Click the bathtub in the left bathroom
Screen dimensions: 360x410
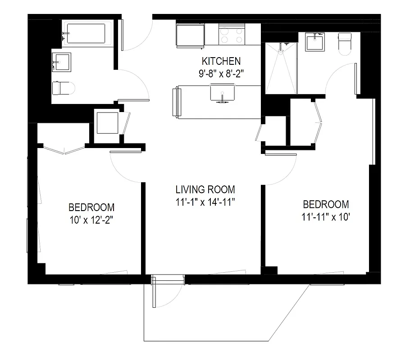point(86,34)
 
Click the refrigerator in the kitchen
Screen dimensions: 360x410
point(190,35)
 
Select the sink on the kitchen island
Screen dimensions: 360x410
point(221,93)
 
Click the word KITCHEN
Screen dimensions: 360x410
point(221,61)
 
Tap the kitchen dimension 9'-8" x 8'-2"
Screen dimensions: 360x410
point(221,73)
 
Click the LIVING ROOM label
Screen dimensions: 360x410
point(205,189)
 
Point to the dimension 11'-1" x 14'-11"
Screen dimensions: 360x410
point(205,202)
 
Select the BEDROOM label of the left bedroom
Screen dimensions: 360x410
point(91,207)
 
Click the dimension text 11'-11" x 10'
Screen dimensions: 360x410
point(325,216)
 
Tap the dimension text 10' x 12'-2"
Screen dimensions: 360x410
point(91,220)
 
